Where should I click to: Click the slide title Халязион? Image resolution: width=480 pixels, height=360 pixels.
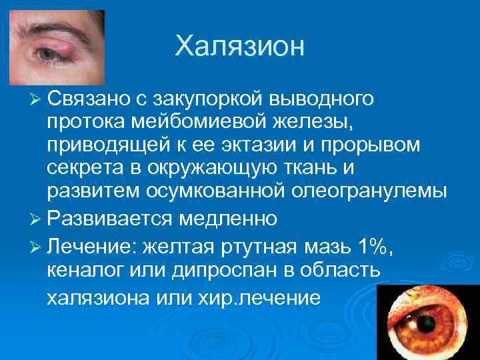[x=239, y=47]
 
